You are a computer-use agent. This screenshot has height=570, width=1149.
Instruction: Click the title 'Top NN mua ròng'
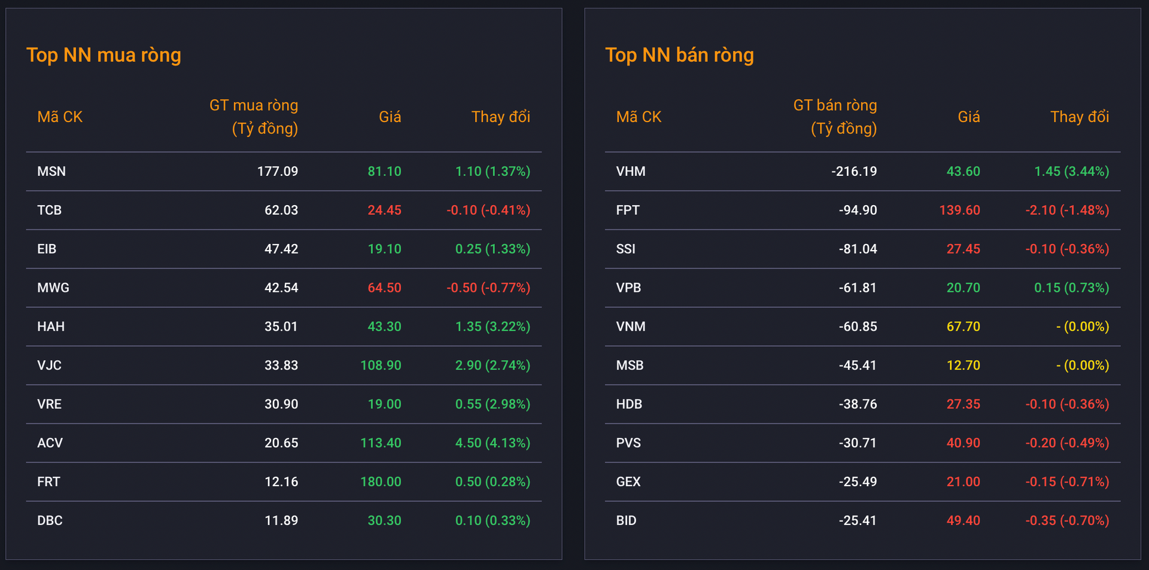click(104, 55)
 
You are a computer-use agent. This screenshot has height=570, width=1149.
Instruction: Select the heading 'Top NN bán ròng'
click(679, 55)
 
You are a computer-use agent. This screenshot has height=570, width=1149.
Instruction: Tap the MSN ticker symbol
click(51, 172)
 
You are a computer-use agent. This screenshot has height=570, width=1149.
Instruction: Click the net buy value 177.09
click(278, 172)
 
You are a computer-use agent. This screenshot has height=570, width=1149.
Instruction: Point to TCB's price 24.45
click(384, 211)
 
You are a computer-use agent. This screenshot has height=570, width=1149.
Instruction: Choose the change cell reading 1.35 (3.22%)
click(493, 327)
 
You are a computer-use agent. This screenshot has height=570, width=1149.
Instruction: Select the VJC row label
click(49, 365)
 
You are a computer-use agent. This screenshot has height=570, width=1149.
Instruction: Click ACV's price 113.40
click(381, 443)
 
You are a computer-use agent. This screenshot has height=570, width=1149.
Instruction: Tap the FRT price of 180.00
click(381, 482)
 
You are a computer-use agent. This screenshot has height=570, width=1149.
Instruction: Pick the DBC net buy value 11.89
click(281, 521)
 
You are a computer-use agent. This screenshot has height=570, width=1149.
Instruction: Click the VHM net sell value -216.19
click(854, 172)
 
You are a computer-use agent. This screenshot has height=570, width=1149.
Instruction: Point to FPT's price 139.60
click(960, 211)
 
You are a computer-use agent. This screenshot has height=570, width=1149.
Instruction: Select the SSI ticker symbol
click(626, 249)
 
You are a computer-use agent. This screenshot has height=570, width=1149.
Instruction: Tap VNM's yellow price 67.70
click(963, 327)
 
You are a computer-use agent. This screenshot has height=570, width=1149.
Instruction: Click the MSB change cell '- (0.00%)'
click(1083, 365)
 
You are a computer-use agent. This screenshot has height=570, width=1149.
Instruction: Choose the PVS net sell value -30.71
click(858, 443)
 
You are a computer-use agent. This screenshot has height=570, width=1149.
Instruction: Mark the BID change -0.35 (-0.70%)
click(1067, 521)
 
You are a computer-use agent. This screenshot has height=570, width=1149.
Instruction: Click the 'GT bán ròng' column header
click(835, 106)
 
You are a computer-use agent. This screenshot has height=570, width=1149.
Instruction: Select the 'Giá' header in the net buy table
click(390, 117)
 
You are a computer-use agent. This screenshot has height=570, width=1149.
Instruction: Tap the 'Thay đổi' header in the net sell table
click(1080, 117)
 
